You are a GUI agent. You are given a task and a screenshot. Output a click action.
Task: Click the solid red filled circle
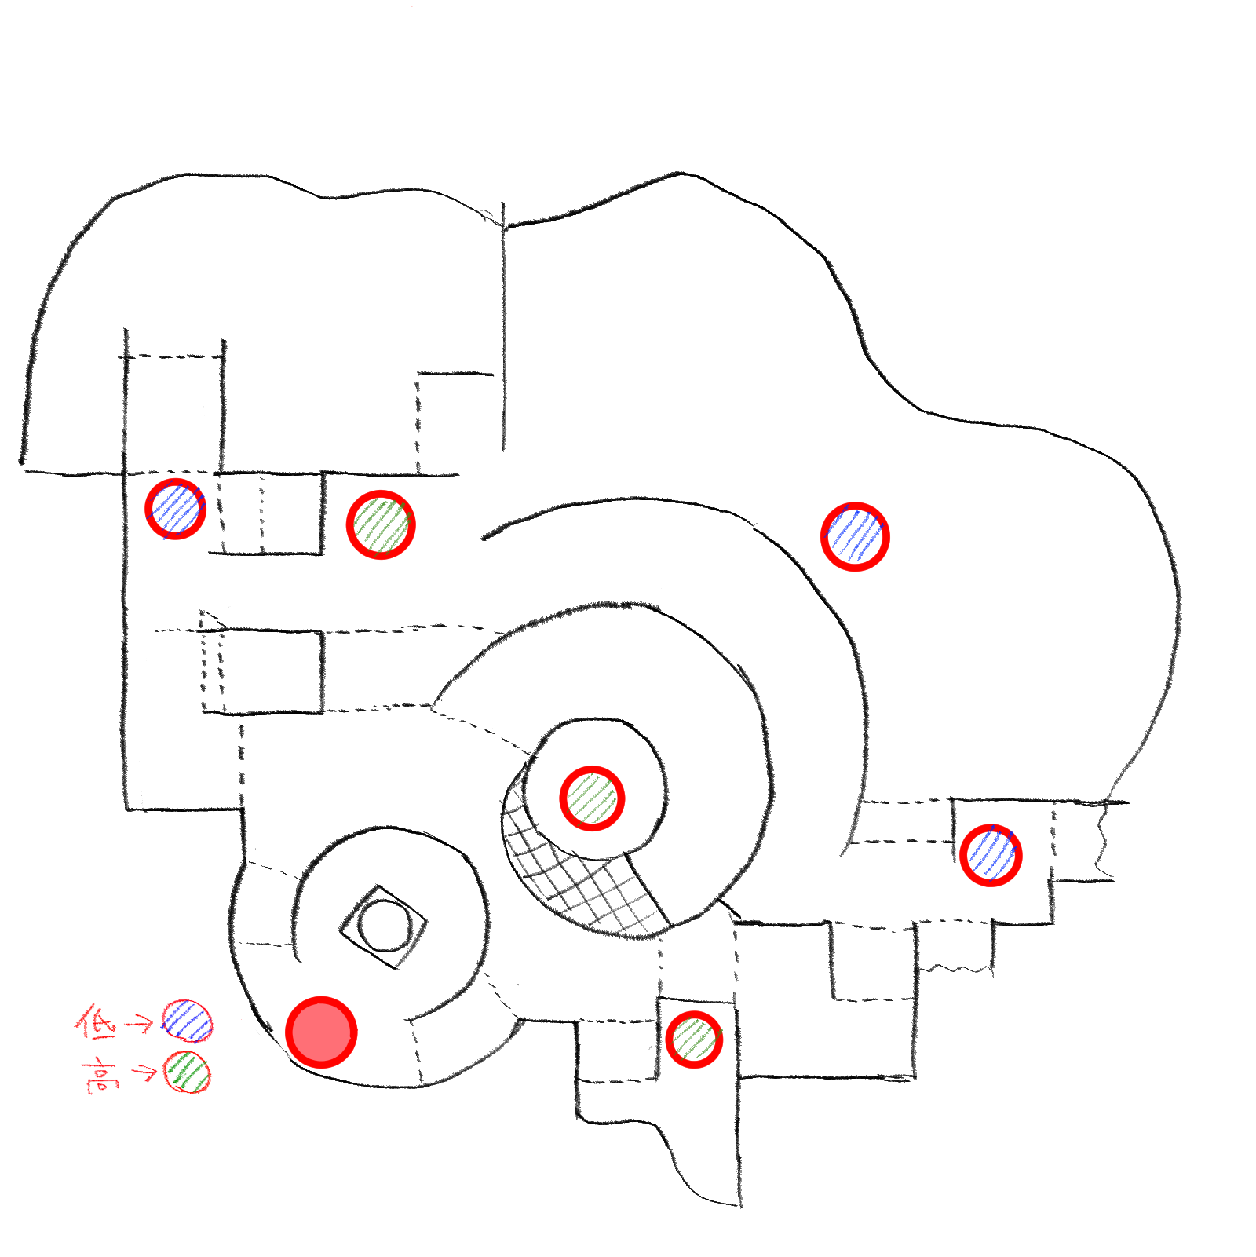pos(321,1032)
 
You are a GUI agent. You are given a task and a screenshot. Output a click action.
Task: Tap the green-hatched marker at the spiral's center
pos(592,798)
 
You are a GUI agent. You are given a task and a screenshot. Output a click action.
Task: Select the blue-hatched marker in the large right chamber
pos(855,536)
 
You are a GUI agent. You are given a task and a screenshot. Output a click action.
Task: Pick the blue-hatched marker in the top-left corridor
pos(176,509)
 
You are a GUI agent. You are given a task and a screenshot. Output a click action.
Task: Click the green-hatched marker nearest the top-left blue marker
pos(381,524)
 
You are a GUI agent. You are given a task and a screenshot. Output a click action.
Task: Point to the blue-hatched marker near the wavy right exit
pos(991,855)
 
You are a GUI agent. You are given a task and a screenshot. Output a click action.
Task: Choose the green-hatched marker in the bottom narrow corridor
pos(694,1040)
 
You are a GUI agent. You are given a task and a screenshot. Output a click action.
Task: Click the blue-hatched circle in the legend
pos(187,1021)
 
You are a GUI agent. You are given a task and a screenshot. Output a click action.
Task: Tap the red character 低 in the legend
pos(97,1021)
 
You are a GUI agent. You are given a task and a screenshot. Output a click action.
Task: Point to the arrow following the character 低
pos(140,1022)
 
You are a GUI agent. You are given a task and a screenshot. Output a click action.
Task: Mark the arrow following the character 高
pos(144,1072)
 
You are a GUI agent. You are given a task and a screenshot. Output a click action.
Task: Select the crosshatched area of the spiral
pos(581,871)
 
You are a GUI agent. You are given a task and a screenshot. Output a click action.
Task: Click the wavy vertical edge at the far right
pos(1104,840)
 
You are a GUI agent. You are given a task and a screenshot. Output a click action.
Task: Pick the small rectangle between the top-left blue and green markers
pos(267,513)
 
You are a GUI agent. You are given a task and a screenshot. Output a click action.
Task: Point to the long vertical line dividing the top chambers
pos(503,327)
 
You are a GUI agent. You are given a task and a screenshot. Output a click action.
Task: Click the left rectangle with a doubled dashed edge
pos(262,671)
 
